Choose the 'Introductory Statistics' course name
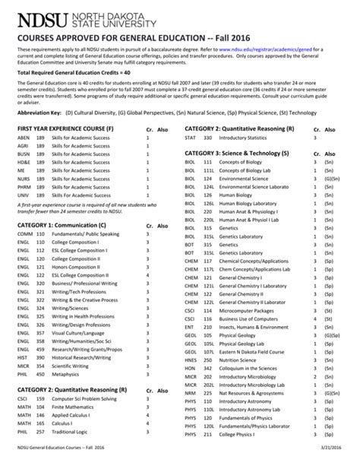[x=238, y=137]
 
